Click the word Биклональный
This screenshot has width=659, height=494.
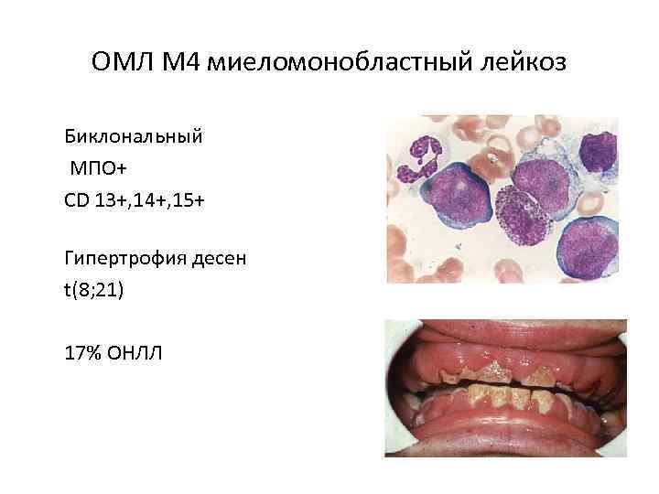(x=134, y=139)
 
